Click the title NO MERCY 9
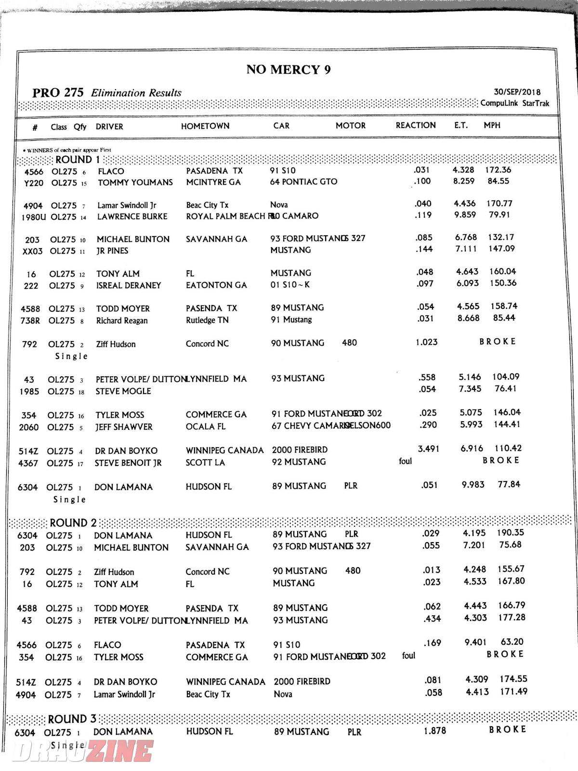288,70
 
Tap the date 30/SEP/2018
517,92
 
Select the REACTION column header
416,126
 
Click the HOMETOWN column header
205,126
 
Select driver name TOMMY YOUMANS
135,183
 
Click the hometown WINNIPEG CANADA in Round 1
224,451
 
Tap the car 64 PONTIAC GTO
303,182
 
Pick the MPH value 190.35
510,533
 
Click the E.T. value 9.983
473,485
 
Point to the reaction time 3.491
428,449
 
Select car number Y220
33,184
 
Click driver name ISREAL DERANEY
128,286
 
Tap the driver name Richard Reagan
121,321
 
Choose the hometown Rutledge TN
207,320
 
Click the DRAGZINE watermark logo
82,751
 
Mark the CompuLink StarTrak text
514,104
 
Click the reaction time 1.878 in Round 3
434,731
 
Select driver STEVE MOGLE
123,391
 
